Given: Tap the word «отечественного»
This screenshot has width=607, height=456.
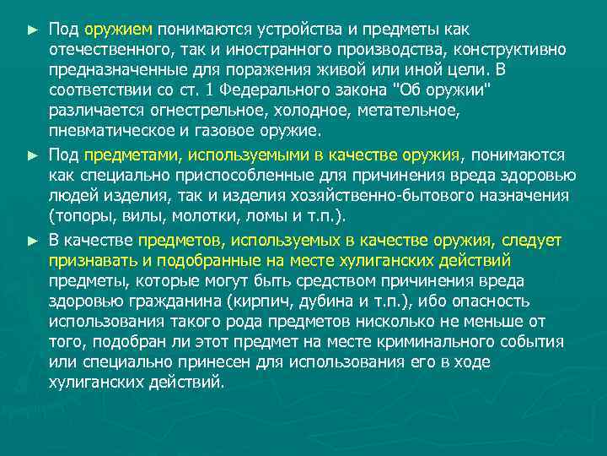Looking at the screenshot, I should (105, 49).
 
